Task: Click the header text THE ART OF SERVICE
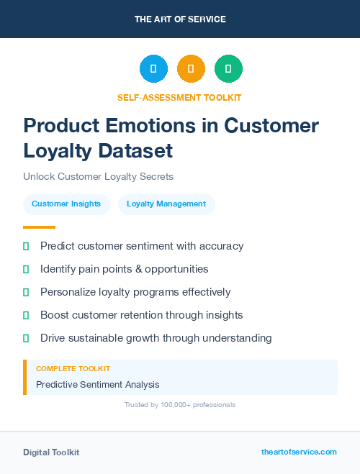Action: click(x=180, y=19)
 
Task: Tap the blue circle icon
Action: click(x=153, y=69)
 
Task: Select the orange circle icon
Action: click(x=191, y=69)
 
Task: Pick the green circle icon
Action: click(x=228, y=69)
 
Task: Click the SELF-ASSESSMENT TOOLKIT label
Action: click(x=180, y=97)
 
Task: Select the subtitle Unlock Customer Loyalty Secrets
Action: click(x=98, y=176)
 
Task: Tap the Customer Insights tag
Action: click(x=66, y=204)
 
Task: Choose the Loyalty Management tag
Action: click(x=166, y=204)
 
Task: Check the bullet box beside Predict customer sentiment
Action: click(x=26, y=247)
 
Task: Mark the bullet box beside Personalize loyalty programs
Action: click(x=26, y=292)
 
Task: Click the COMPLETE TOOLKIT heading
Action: click(x=73, y=368)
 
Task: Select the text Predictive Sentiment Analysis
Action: click(x=98, y=385)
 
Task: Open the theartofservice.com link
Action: click(x=299, y=452)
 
